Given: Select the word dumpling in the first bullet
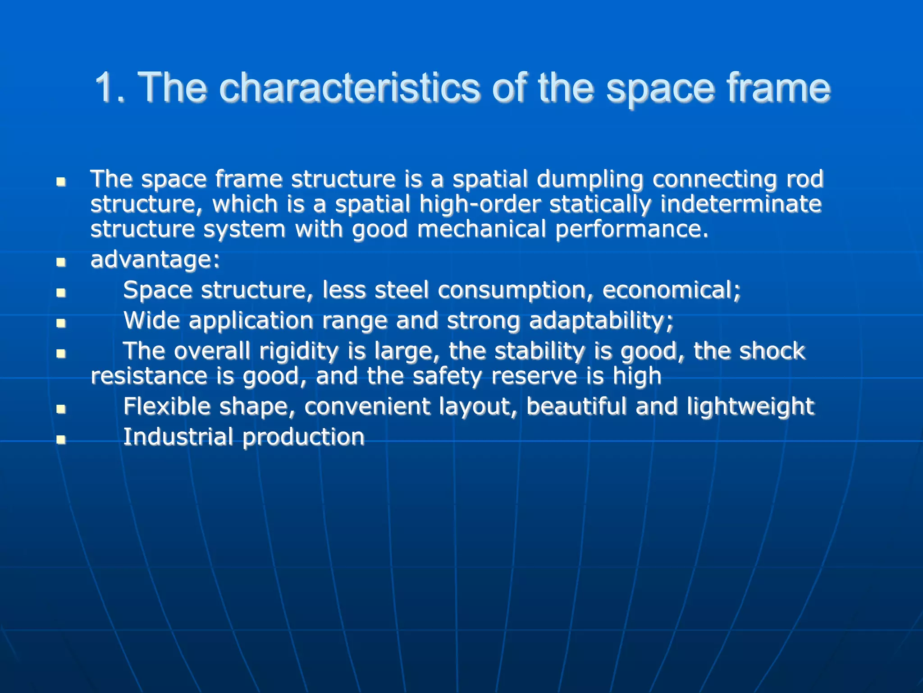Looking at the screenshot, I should (589, 180).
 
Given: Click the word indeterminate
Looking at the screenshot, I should (741, 204).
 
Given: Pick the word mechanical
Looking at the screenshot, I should (481, 229).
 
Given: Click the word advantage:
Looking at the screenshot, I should (155, 260).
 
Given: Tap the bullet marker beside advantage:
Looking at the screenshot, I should (61, 262).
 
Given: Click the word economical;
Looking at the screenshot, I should (672, 290).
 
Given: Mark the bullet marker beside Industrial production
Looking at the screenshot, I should (61, 439).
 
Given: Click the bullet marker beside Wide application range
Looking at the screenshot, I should (61, 323).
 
